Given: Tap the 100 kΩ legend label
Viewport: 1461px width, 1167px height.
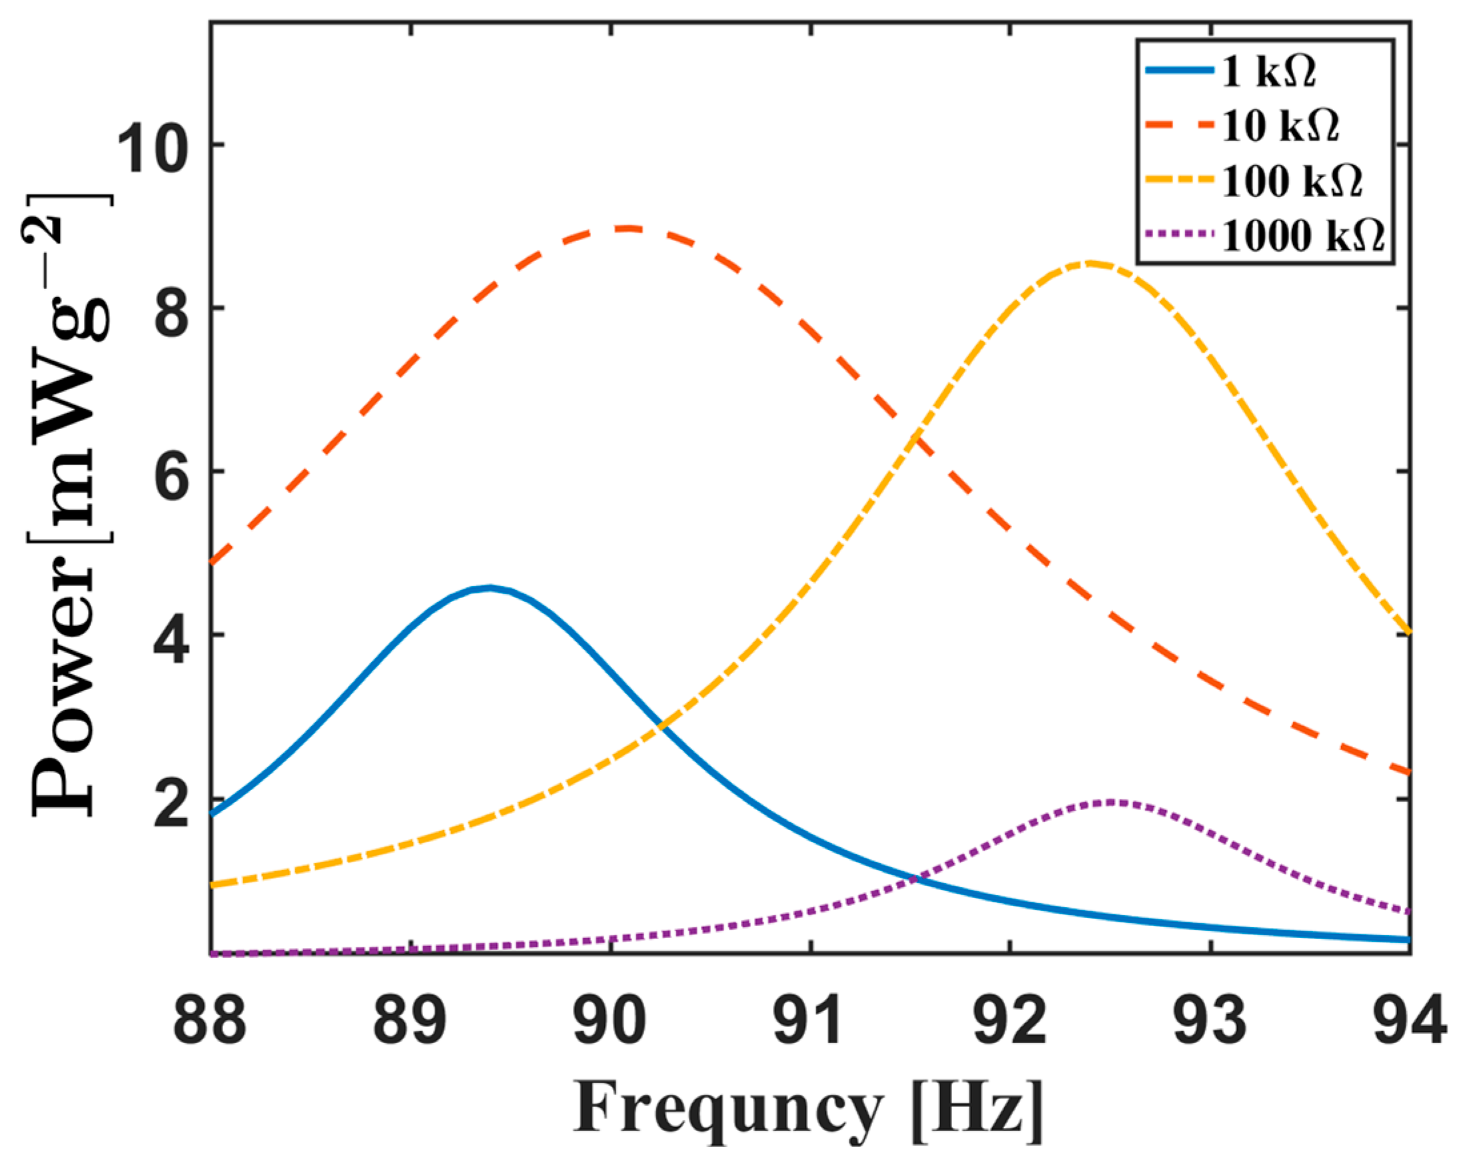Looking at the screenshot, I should pos(1291,181).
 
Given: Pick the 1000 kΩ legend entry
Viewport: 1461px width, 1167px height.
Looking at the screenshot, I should pos(1302,236).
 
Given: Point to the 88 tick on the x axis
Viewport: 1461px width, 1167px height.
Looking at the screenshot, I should pos(209,1024).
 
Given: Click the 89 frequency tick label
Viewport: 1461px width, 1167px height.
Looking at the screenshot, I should pos(409,1024).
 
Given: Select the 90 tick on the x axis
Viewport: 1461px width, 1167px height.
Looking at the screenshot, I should pos(610,1024).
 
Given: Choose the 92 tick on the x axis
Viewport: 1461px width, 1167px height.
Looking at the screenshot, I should pos(1010,1024).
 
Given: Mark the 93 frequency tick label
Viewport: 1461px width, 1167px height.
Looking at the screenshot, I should pos(1211,1024).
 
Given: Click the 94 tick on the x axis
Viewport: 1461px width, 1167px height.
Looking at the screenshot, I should pos(1410,1024).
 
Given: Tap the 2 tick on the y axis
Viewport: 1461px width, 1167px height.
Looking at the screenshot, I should pos(171,800).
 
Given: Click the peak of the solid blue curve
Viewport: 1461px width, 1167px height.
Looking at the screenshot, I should pos(490,587).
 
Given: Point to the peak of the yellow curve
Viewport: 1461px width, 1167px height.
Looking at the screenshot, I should pos(1089,263).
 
